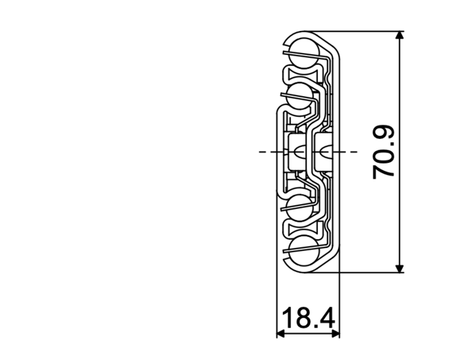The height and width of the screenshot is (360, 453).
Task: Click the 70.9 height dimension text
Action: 384,153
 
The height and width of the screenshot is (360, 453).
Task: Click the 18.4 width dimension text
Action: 308,318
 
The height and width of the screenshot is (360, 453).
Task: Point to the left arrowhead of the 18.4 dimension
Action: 281,334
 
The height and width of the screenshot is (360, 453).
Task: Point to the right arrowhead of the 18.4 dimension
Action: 336,334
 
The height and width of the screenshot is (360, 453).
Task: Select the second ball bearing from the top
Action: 300,95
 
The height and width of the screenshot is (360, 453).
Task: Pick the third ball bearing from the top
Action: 300,207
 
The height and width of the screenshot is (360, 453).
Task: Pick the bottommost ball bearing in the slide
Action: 304,249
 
